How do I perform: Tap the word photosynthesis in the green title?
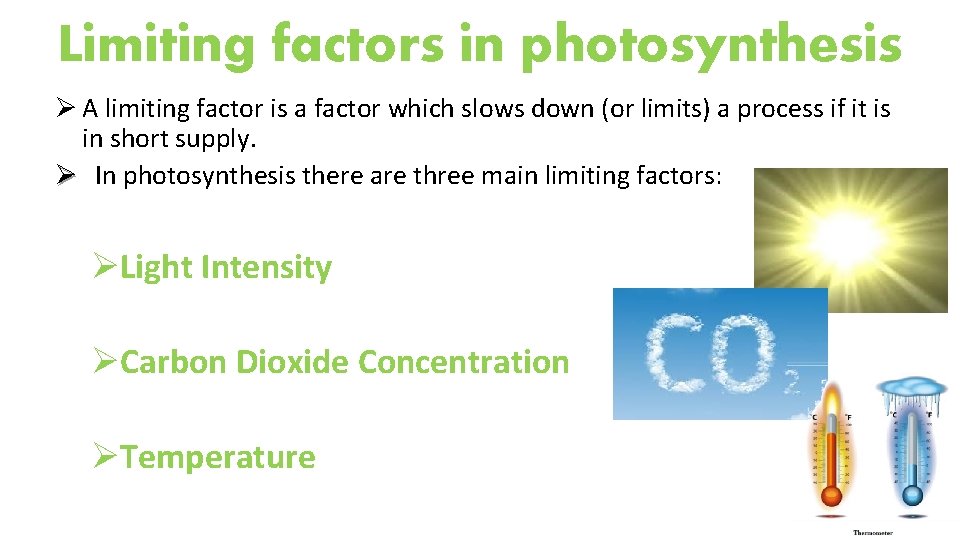pos(712,45)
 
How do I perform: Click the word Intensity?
pos(266,268)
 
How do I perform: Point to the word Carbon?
pos(174,362)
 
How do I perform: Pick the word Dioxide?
pos(293,362)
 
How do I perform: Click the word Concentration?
pos(463,362)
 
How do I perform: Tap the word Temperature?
pos(218,457)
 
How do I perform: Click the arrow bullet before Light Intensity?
pos(105,268)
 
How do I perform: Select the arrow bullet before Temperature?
pos(105,457)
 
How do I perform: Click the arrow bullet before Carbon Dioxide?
pos(105,362)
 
